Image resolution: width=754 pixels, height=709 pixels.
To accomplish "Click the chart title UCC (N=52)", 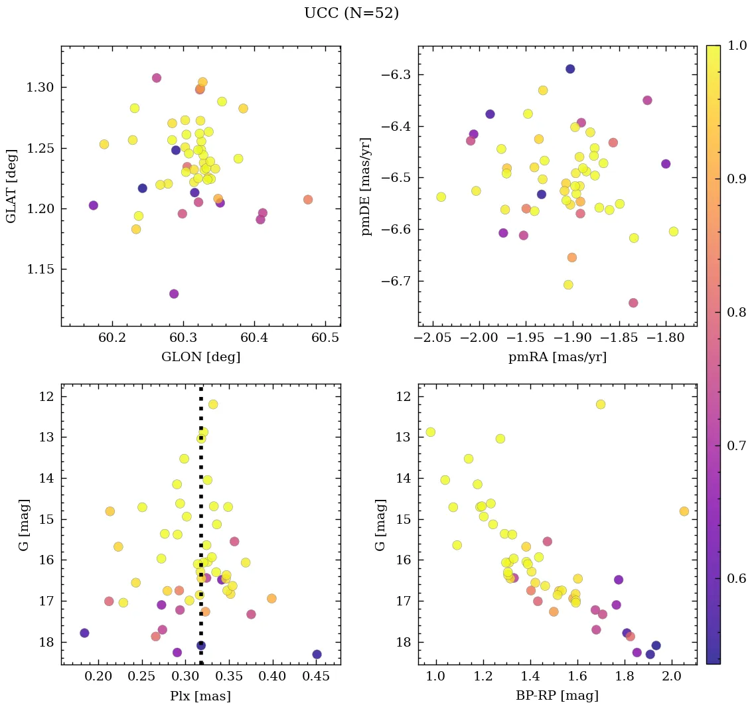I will (x=351, y=13).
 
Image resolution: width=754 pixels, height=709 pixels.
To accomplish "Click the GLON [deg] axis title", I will (x=200, y=357).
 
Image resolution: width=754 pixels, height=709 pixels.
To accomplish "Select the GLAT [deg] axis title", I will (x=11, y=186).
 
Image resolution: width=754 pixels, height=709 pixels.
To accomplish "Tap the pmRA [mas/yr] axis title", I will (x=557, y=357).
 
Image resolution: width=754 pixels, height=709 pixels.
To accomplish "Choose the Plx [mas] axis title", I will (x=200, y=696).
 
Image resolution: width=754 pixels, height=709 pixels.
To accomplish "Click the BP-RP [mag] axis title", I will (x=557, y=696).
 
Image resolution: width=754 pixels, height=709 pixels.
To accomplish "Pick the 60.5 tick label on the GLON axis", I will (x=326, y=338).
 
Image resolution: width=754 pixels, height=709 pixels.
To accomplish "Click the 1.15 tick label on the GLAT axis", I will (x=40, y=270).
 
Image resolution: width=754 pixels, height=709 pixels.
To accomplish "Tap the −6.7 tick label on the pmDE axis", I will (x=396, y=281).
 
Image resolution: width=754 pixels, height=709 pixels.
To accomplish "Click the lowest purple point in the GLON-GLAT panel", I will (x=174, y=294).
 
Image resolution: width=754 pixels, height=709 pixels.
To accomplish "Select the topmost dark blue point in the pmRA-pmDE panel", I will (x=570, y=69).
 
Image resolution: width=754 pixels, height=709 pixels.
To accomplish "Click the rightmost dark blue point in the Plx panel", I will (x=317, y=655).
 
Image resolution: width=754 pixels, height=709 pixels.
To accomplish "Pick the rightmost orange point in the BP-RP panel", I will (x=684, y=511).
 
